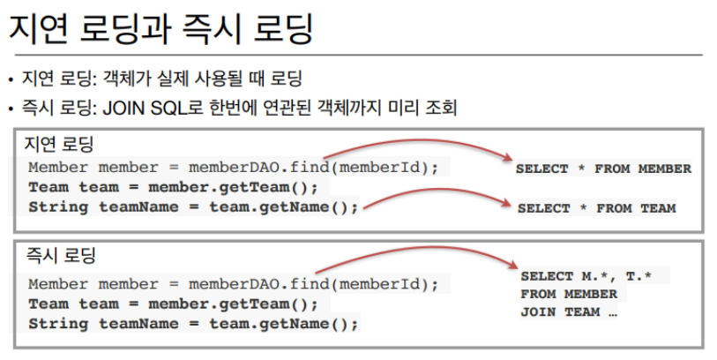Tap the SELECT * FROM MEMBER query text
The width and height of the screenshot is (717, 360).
coord(603,169)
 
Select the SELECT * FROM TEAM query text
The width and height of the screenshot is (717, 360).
coord(596,208)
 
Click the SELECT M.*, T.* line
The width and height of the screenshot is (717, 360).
coord(586,276)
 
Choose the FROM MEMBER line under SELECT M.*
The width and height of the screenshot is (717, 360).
coord(568,294)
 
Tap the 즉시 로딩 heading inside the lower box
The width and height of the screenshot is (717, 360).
coord(61,257)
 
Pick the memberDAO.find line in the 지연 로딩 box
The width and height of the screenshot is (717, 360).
coord(233,168)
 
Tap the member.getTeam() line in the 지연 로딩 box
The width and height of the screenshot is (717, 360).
coord(173,187)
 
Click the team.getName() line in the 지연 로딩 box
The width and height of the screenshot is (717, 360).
coord(194,207)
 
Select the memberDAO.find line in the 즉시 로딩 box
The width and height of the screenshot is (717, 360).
coord(233,284)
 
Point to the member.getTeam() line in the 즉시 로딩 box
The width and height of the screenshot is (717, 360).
coord(173,304)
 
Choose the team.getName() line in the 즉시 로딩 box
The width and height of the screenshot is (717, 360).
coord(194,324)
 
